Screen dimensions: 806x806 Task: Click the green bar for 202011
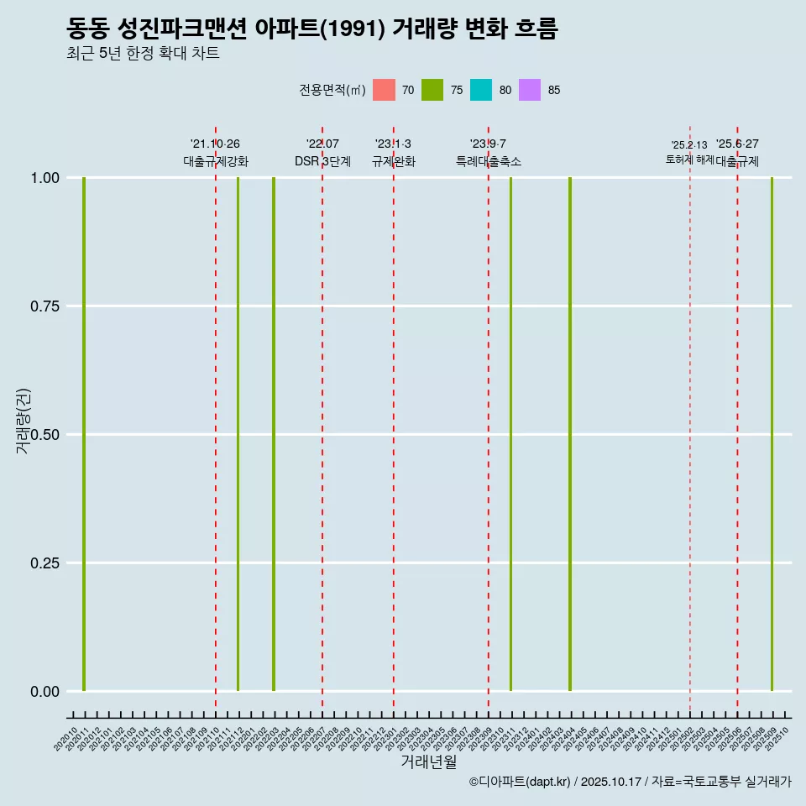point(84,434)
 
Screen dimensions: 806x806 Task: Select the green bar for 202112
point(238,434)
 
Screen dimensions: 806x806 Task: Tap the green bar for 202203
point(274,434)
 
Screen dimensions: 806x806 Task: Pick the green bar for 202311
point(510,434)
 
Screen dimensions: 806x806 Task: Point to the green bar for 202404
point(570,434)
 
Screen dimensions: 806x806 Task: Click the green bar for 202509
point(772,434)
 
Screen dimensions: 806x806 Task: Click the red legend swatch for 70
point(384,90)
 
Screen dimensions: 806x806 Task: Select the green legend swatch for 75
point(432,90)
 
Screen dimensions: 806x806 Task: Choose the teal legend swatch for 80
point(481,90)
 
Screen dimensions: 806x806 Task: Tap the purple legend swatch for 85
point(530,90)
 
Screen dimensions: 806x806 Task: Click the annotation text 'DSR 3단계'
point(322,161)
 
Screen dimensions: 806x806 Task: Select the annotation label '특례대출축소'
point(489,161)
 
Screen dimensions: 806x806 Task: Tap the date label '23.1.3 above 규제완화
point(393,144)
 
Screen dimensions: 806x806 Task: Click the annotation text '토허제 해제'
point(689,159)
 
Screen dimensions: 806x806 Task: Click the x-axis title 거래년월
point(428,762)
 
